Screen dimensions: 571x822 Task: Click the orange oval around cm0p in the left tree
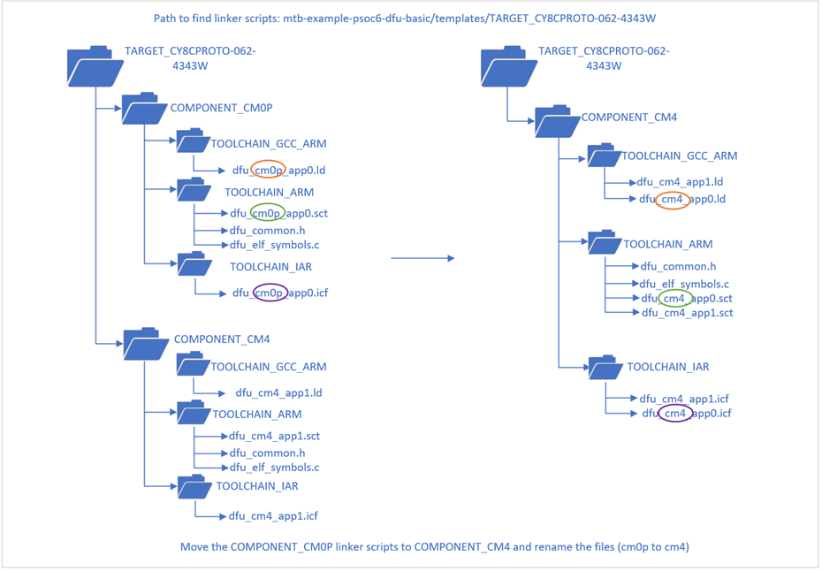coord(268,169)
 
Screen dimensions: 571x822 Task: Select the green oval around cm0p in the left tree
coord(268,213)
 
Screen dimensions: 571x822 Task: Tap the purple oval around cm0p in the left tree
coord(270,293)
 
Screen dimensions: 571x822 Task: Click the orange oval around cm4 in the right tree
coord(674,200)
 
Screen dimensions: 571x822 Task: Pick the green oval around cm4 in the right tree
coord(674,299)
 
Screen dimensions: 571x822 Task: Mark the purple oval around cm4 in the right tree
coord(675,413)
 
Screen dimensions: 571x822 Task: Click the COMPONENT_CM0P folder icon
coord(144,109)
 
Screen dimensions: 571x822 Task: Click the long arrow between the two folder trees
coord(422,258)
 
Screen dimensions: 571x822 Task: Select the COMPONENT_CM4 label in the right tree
coord(628,117)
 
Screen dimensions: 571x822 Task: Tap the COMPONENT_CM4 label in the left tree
coord(222,339)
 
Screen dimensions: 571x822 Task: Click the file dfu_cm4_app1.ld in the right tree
coord(681,182)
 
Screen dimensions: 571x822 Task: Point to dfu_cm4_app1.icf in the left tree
coord(273,516)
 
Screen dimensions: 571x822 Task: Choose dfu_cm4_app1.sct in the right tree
coord(687,313)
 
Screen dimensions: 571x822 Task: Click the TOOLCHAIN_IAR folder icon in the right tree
coord(605,367)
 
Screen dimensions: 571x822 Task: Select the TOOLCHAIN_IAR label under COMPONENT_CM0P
coord(270,266)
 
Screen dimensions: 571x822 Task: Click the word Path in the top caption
coord(166,19)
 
